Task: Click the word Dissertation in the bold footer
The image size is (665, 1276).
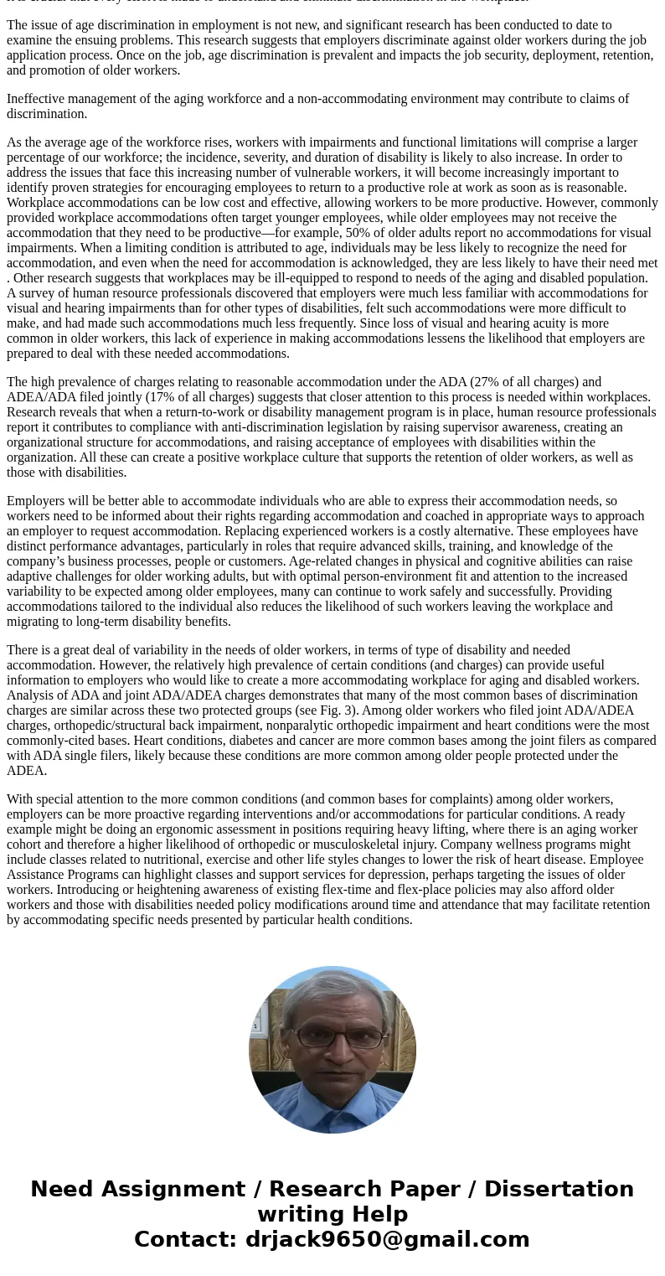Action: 559,1189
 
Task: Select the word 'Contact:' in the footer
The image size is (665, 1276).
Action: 185,1239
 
